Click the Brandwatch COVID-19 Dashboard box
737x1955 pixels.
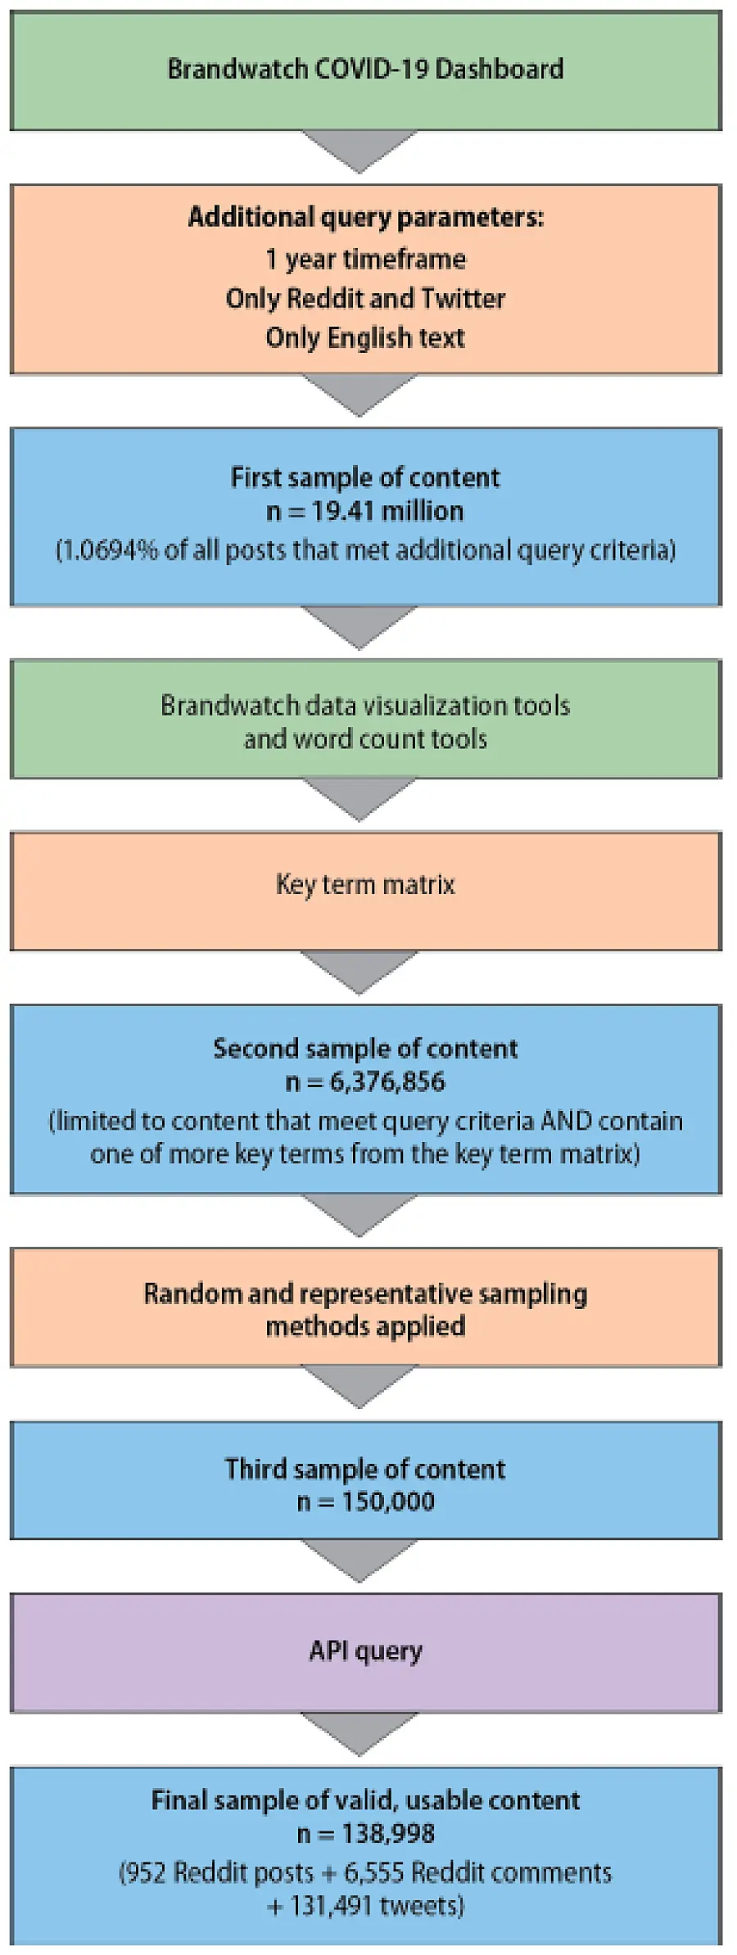[365, 70]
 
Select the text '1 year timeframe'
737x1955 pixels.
[365, 260]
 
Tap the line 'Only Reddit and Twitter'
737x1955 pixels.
[365, 299]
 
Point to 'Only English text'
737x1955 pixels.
[365, 337]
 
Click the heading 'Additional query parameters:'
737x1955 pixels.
[365, 217]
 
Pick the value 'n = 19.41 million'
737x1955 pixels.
[365, 511]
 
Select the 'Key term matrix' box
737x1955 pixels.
[365, 890]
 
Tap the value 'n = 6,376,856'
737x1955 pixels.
[365, 1082]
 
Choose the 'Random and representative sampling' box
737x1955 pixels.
[365, 1307]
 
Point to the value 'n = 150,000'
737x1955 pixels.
[365, 1501]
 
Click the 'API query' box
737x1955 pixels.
[365, 1651]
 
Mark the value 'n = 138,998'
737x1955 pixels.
[365, 1833]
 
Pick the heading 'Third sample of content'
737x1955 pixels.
[365, 1469]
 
